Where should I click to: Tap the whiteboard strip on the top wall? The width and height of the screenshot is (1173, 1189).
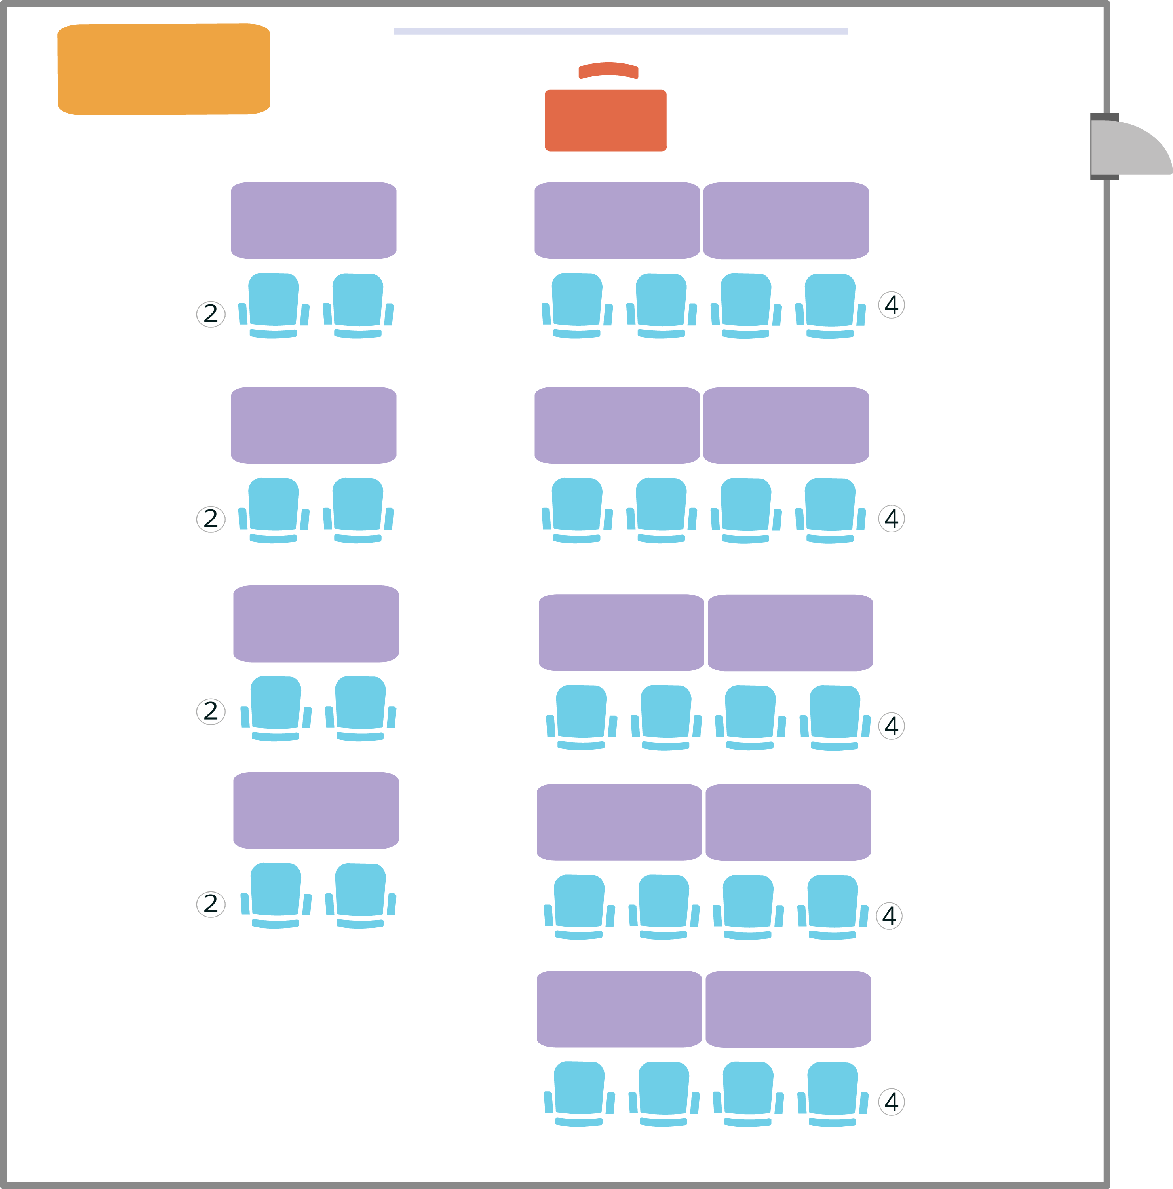coord(620,31)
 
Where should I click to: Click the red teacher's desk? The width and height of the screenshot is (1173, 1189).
coord(606,121)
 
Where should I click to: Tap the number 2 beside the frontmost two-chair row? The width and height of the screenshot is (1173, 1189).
coord(211,314)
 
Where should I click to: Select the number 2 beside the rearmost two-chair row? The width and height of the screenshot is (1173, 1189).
coord(211,904)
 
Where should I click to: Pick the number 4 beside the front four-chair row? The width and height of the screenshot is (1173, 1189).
coord(891,305)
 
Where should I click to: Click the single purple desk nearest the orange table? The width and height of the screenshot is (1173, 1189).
coord(314,220)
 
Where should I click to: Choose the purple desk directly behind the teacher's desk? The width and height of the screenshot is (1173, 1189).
coord(617,220)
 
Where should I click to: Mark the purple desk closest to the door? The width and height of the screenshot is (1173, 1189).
coord(786,221)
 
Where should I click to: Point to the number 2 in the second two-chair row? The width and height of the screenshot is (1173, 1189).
coord(211,519)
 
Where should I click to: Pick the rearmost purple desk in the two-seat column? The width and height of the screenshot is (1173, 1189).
coord(316,811)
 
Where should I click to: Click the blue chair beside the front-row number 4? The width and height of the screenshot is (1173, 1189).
coord(830,306)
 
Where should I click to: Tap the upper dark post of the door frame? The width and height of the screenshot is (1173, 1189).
coord(1105,117)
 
